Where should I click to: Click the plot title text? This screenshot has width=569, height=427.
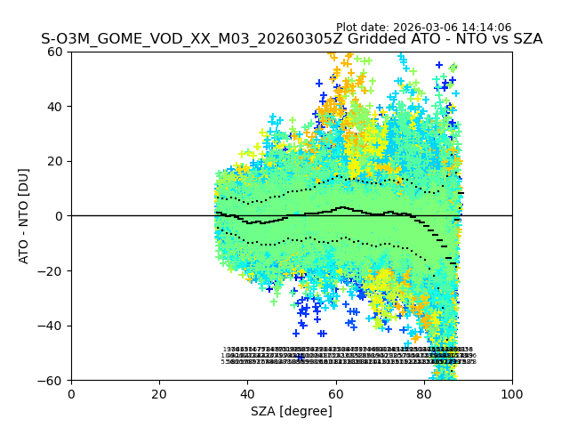292,39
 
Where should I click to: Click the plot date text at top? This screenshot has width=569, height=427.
423,28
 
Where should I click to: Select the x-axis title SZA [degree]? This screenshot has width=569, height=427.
292,411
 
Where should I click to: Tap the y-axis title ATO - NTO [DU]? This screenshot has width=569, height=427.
25,216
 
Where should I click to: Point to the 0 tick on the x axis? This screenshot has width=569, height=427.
71,394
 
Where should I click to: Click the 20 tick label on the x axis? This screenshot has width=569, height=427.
159,394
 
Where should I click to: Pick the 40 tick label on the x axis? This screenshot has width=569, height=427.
247,394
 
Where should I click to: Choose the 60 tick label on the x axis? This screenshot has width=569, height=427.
335,394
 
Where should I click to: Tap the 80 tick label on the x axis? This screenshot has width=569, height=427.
423,394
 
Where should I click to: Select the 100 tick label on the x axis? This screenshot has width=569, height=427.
512,394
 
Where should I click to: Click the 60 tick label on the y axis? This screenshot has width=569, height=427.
55,52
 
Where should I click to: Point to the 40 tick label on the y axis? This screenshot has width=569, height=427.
55,107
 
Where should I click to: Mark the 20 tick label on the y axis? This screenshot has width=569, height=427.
55,161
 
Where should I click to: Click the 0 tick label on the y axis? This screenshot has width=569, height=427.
59,216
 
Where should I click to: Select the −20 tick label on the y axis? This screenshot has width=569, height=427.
52,271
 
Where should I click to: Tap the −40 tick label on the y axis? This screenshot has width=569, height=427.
52,326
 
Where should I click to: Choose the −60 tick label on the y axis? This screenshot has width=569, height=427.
52,381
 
